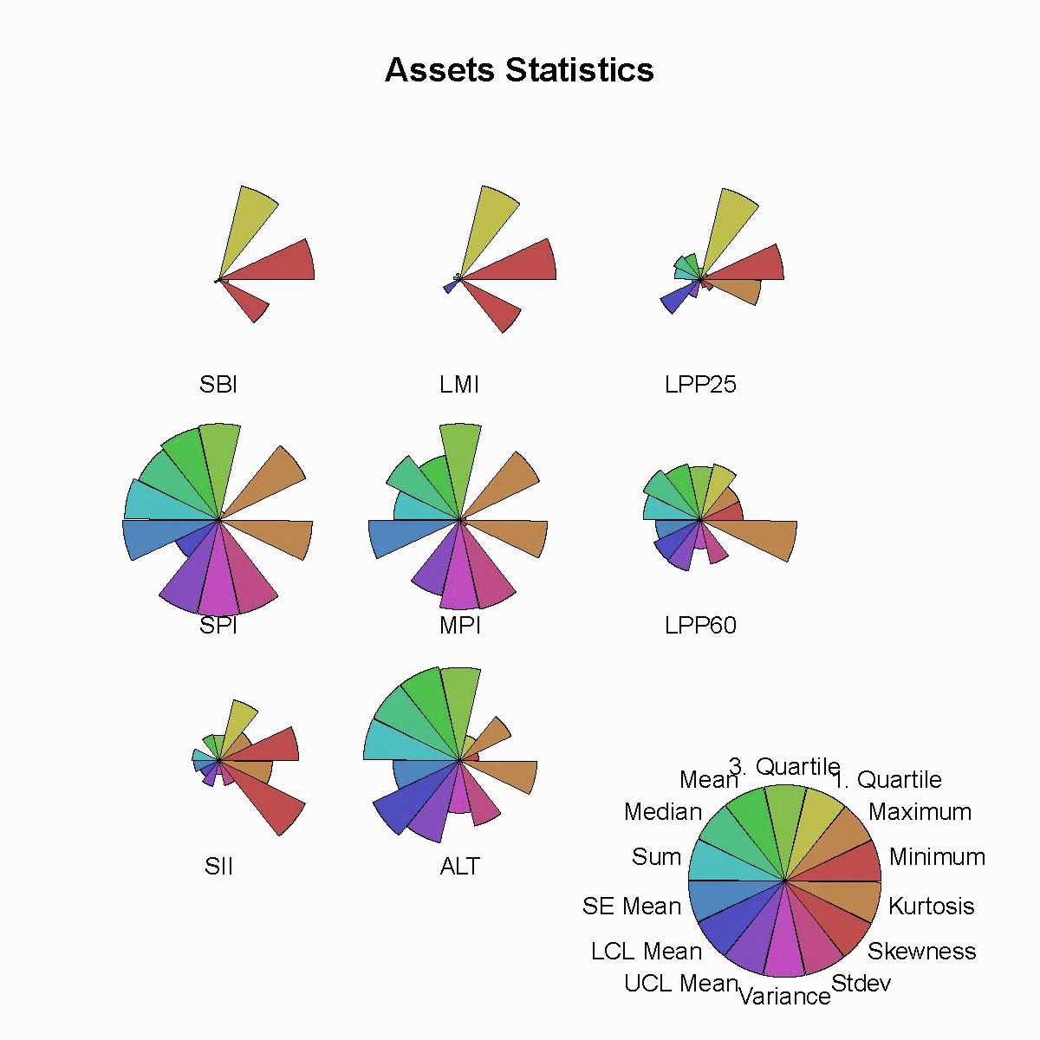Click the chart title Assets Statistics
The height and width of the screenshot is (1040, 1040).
[519, 70]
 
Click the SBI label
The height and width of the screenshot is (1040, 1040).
[218, 384]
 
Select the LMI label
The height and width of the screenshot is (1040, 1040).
[459, 384]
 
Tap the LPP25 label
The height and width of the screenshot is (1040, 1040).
[700, 384]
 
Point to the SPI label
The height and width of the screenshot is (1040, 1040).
[218, 625]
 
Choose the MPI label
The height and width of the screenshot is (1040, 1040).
[459, 625]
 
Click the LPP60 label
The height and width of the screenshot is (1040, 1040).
[700, 625]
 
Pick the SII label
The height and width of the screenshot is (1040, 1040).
[218, 866]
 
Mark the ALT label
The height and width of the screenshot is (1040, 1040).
[459, 866]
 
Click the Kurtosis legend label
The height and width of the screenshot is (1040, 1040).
[931, 906]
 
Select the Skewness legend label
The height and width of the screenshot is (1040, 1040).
[921, 951]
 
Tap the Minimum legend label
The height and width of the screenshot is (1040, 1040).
[937, 856]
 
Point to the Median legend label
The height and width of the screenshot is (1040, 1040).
[663, 811]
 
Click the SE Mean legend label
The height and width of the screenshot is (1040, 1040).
[632, 906]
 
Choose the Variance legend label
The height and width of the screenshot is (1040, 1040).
[784, 996]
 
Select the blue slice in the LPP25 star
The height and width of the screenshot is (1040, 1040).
[672, 301]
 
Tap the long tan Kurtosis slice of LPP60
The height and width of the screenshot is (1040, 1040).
[763, 538]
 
